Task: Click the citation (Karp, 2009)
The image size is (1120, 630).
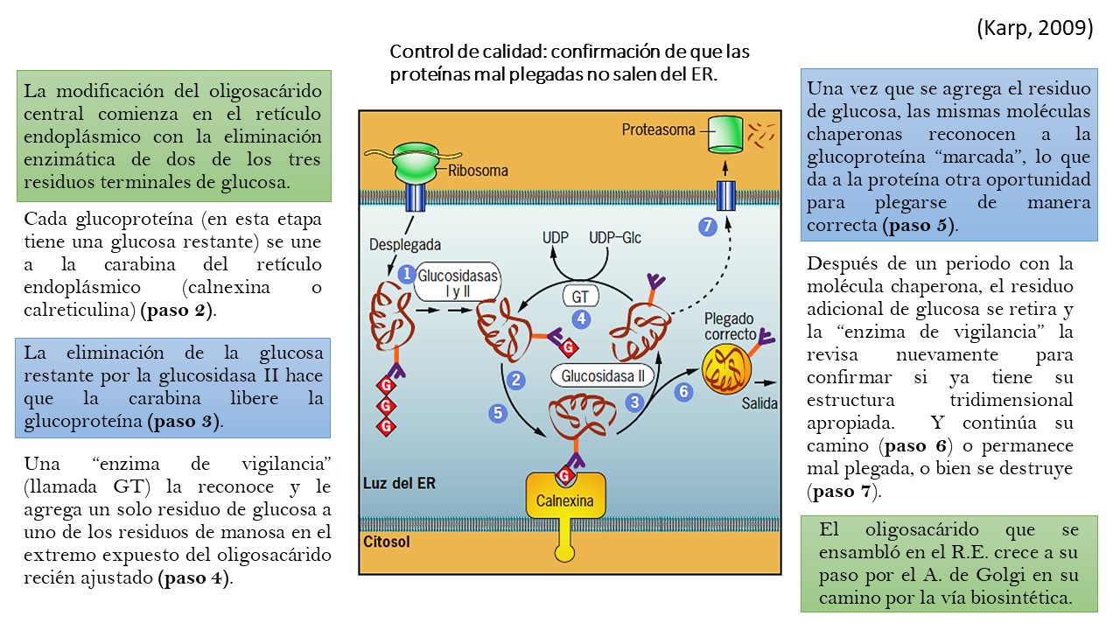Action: point(1034,28)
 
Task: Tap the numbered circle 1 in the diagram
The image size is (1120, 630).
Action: point(406,274)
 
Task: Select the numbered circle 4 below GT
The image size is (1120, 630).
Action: point(580,319)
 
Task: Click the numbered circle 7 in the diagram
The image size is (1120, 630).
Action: point(707,227)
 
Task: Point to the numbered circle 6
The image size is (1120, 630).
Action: point(684,391)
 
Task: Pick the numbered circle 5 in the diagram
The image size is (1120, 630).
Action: point(498,412)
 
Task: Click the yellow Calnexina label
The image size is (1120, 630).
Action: point(564,501)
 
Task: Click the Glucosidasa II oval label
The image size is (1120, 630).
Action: point(603,376)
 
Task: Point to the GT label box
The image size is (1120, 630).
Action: point(580,297)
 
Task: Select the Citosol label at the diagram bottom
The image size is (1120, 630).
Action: point(387,542)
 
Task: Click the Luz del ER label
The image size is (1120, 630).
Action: point(399,483)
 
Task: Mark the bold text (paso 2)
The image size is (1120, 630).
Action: point(176,310)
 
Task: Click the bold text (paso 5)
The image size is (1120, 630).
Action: point(919,225)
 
